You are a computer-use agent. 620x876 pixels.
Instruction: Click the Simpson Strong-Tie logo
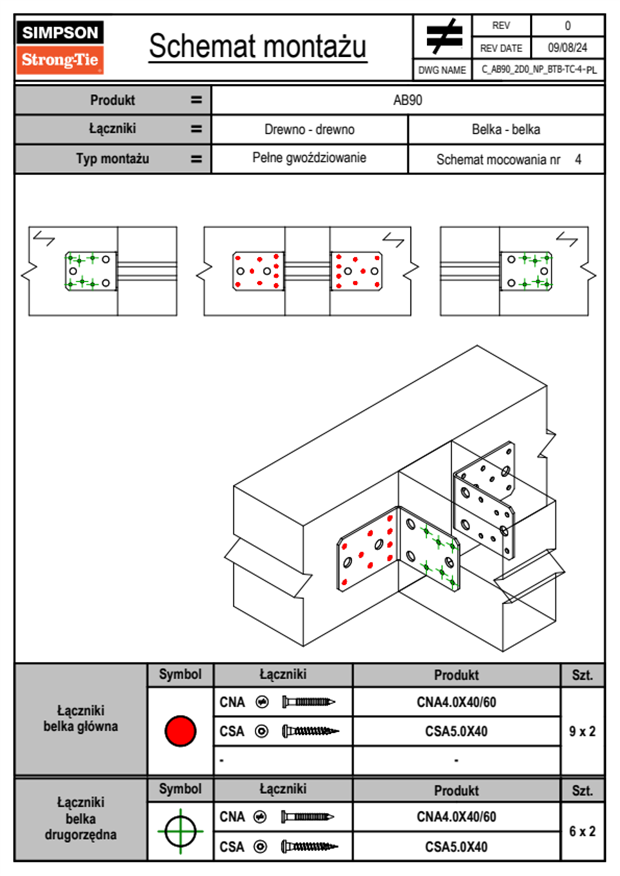tap(60, 47)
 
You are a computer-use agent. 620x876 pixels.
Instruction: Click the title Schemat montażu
tap(257, 46)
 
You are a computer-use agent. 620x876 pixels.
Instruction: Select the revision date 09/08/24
tap(567, 48)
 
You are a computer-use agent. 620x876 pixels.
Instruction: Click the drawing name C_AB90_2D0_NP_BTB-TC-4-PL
tap(539, 69)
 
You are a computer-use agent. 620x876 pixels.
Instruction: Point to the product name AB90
tap(407, 100)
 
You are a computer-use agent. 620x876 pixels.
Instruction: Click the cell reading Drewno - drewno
tap(309, 129)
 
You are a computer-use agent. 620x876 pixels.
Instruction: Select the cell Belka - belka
tap(506, 129)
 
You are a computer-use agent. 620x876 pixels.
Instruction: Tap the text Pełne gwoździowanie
tap(309, 158)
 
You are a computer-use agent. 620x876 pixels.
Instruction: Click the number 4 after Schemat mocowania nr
tap(578, 159)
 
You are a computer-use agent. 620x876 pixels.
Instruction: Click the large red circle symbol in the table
tap(180, 731)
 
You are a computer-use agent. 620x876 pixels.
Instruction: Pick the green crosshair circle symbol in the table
tap(180, 831)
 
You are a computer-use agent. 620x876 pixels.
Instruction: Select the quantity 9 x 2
tap(582, 731)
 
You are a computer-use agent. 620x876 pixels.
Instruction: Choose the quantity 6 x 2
tap(582, 831)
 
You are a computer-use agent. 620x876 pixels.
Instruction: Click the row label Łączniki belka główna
tap(81, 719)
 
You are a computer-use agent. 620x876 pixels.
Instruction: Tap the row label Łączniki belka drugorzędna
tap(81, 818)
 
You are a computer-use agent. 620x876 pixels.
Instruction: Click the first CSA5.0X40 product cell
tap(456, 731)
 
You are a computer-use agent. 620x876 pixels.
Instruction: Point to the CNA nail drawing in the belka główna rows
tap(308, 702)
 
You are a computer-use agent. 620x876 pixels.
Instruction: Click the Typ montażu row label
tap(113, 158)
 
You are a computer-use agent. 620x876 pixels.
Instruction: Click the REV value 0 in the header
tap(567, 26)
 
